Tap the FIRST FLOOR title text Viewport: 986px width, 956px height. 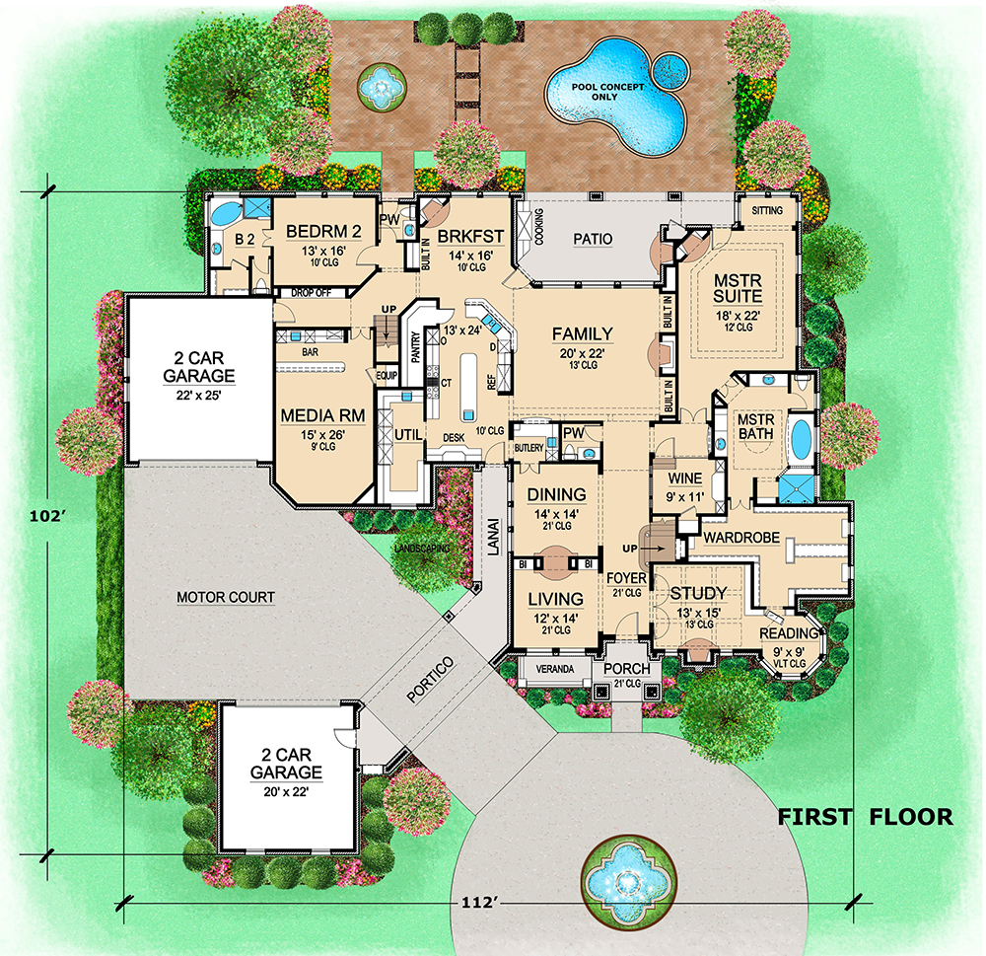click(866, 817)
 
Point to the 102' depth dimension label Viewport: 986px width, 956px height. click(48, 516)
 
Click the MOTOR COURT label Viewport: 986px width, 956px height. click(226, 597)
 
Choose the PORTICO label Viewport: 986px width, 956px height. click(430, 680)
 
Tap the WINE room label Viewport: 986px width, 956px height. click(685, 478)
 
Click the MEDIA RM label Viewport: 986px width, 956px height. click(322, 415)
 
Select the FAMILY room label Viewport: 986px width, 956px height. click(583, 333)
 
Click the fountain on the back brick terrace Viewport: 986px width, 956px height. click(381, 86)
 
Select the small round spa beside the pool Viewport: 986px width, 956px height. click(669, 69)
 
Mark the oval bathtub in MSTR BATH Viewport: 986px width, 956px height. click(800, 437)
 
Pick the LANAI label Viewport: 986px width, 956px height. click(494, 537)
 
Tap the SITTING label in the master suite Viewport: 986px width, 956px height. click(767, 211)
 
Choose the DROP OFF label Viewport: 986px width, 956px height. click(312, 293)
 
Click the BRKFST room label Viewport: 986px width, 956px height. click(470, 237)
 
